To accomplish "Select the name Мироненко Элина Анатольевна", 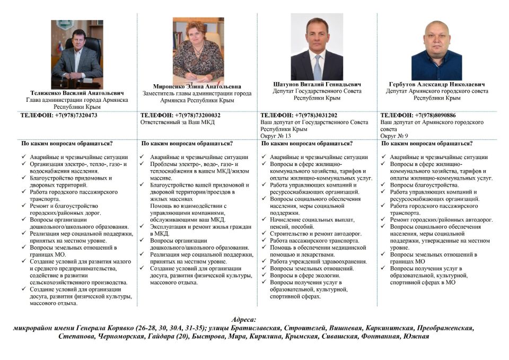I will [197, 86].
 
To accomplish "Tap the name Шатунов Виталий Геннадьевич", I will [317, 84].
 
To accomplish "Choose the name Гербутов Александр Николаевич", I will [437, 84].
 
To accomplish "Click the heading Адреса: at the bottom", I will [244, 320].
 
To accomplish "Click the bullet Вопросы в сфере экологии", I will [304, 275].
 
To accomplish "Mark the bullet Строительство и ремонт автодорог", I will [315, 233].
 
